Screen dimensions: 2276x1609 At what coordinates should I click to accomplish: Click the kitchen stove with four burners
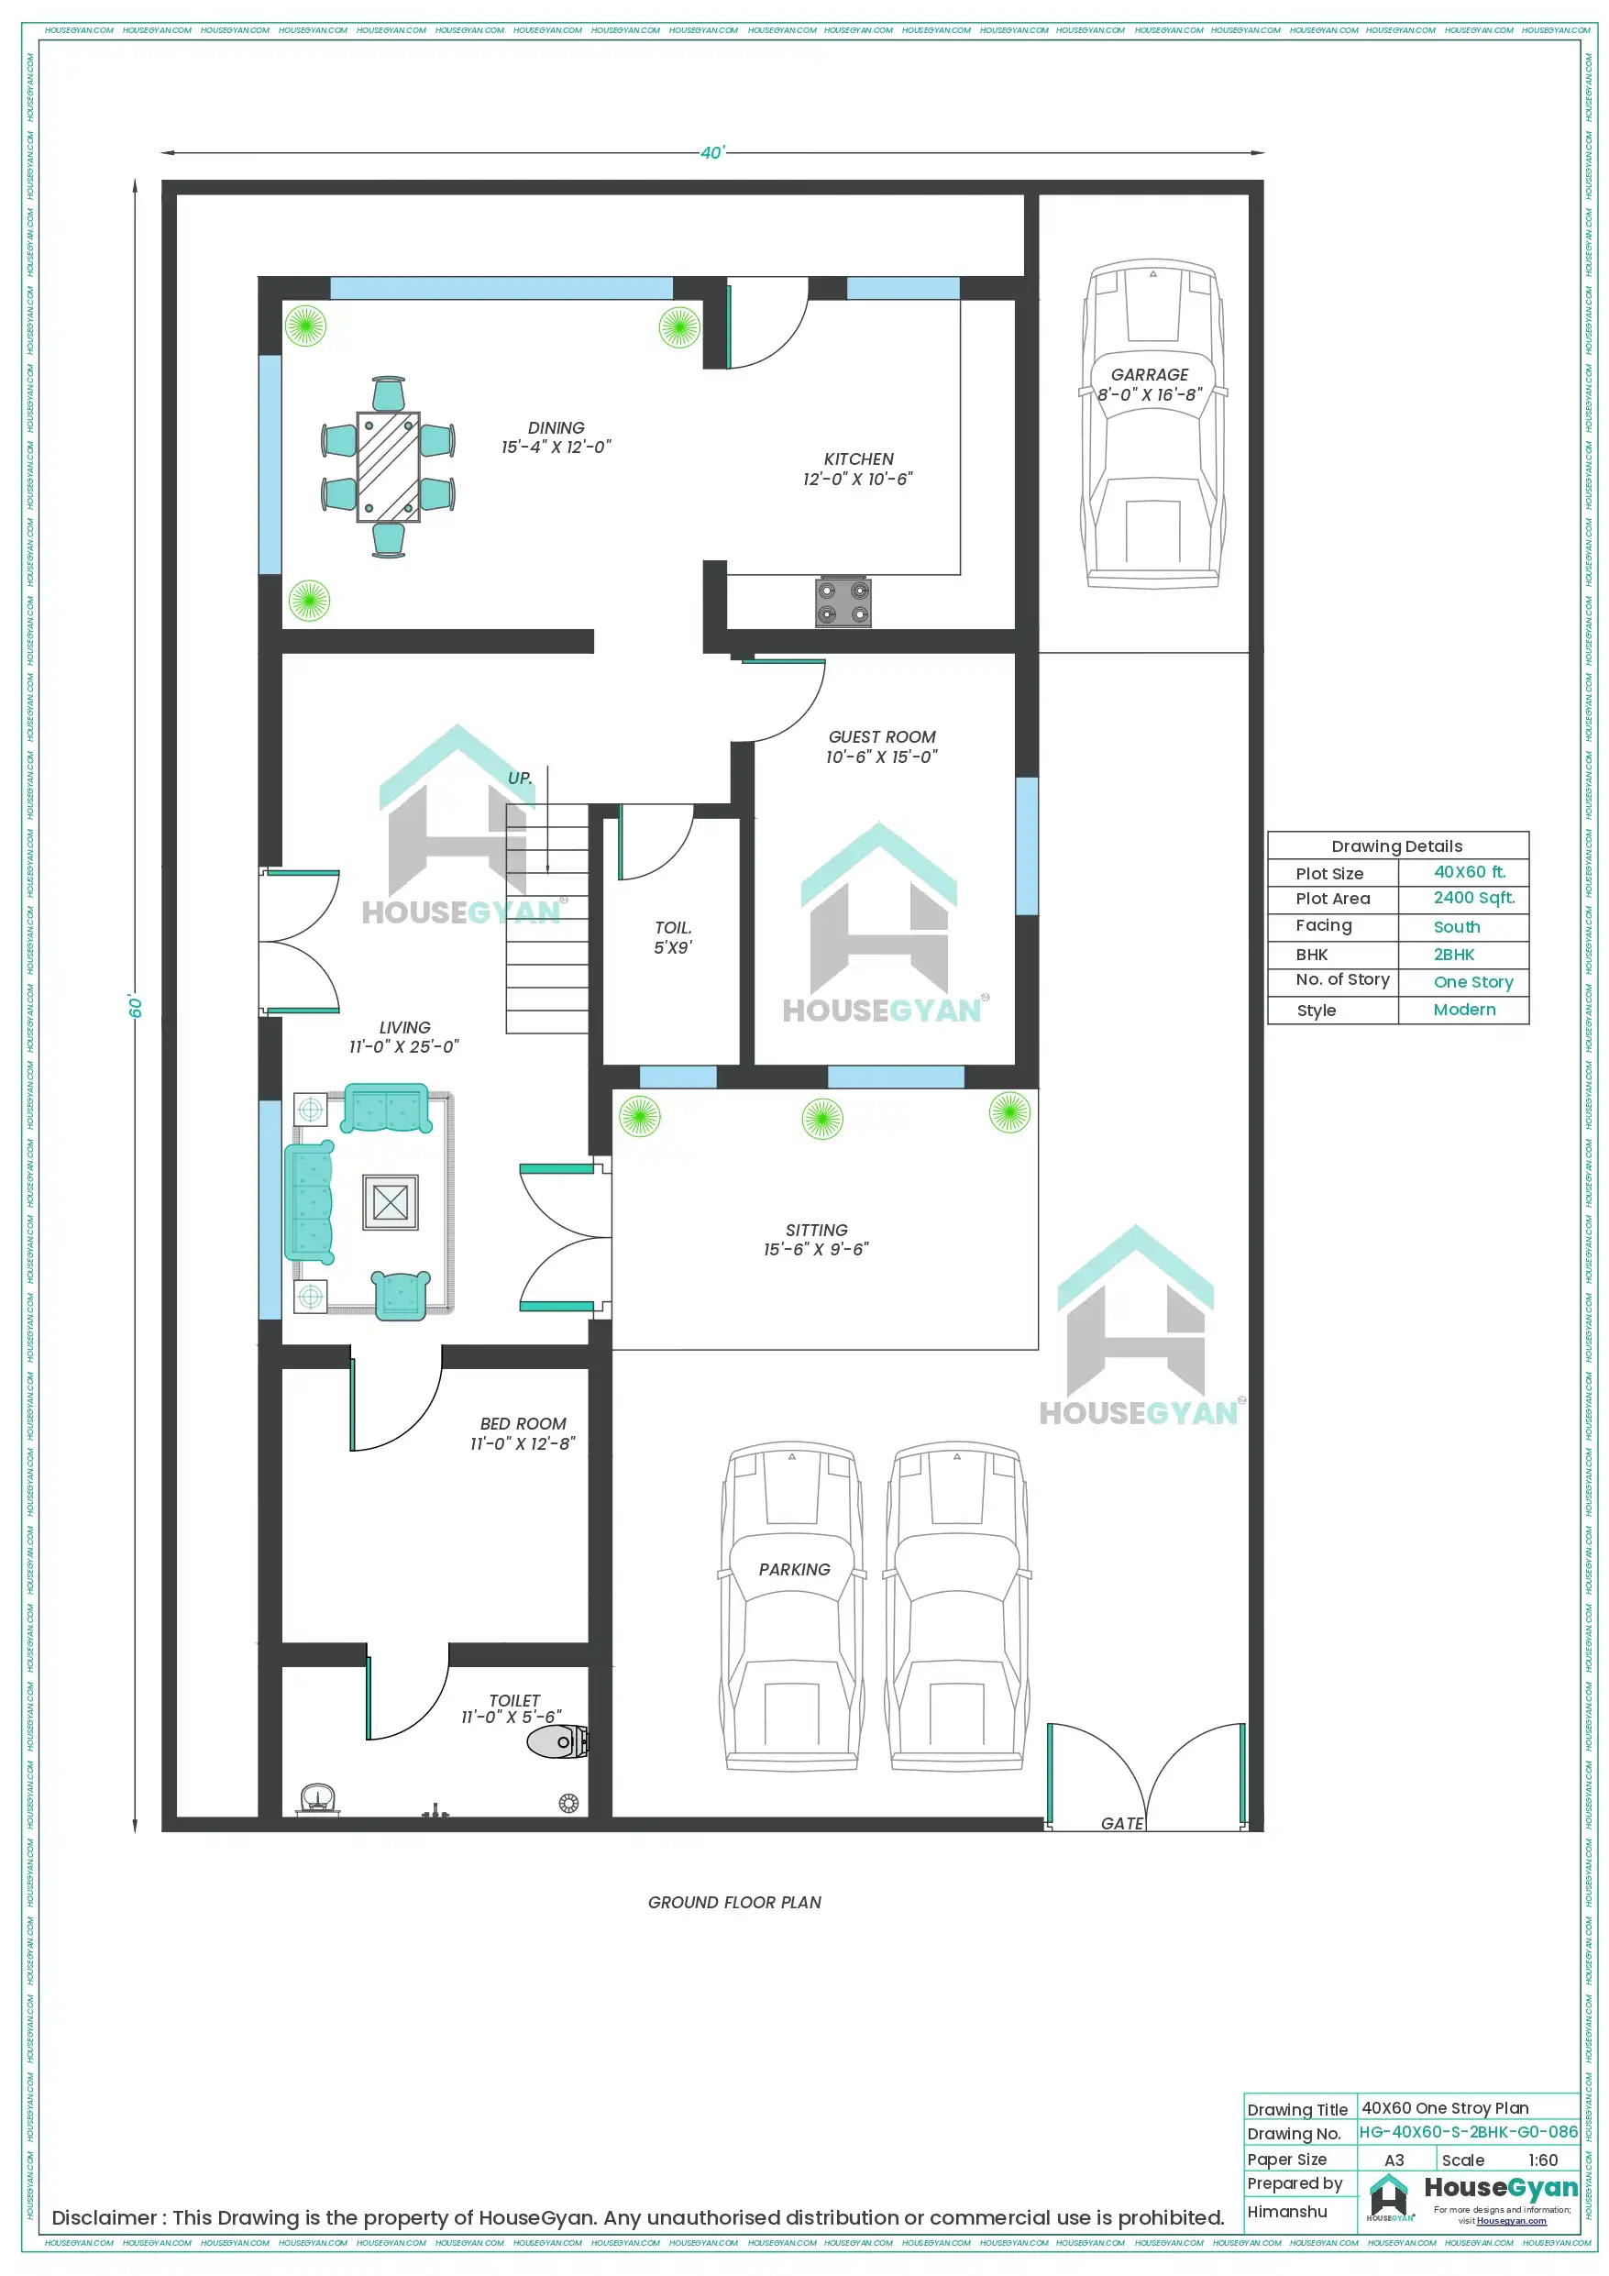pos(843,602)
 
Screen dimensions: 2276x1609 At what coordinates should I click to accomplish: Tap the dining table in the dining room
pos(388,467)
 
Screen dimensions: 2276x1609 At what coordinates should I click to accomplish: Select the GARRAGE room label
pos(1149,375)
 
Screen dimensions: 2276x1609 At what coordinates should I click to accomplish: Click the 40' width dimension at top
pos(711,152)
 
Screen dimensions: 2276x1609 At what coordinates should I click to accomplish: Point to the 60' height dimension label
pos(136,1006)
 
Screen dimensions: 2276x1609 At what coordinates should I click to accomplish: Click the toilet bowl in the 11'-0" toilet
pos(557,1740)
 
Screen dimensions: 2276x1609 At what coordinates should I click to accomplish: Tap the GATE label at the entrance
pos(1121,1823)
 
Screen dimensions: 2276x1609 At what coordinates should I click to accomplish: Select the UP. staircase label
pos(520,779)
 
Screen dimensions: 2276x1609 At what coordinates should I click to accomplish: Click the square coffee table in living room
pos(390,1202)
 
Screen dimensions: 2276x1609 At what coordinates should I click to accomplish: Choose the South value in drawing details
pos(1455,927)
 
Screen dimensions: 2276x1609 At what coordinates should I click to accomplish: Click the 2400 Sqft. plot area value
pos(1473,897)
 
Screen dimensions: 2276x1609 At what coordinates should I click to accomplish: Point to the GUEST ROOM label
pos(881,736)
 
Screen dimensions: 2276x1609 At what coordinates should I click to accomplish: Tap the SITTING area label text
pos(816,1229)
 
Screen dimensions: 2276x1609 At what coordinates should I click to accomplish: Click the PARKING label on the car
pos(794,1569)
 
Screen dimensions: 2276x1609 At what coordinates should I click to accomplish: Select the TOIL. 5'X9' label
pos(672,937)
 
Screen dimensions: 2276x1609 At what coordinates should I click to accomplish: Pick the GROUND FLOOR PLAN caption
pos(733,1902)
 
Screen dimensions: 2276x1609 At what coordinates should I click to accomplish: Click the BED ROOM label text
pos(523,1423)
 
